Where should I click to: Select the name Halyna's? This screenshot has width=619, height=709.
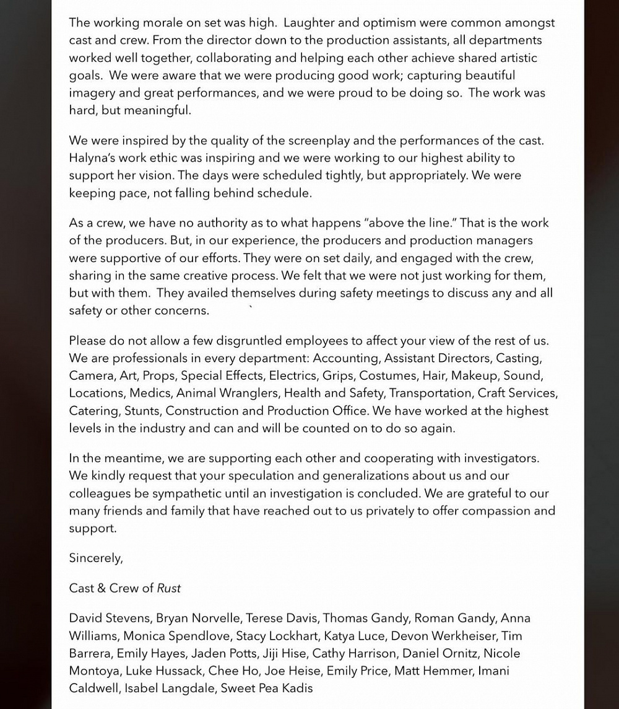pyautogui.click(x=96, y=158)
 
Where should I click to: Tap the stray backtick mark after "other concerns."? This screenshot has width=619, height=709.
pyautogui.click(x=251, y=307)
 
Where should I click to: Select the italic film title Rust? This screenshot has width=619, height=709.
pyautogui.click(x=169, y=588)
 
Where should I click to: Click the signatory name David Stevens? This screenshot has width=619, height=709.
pyautogui.click(x=109, y=619)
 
